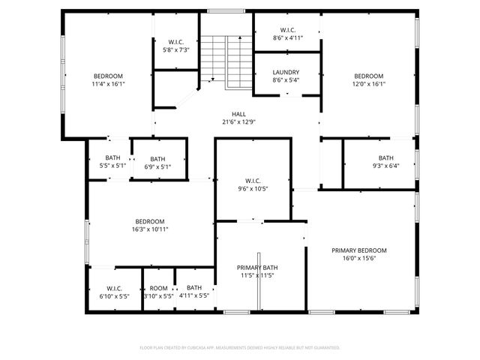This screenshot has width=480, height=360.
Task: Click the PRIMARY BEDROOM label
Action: click(359, 250)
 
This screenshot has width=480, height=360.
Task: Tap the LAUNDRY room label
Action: click(287, 72)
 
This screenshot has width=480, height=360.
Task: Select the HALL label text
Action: click(238, 114)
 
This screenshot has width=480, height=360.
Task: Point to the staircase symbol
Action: click(226, 60)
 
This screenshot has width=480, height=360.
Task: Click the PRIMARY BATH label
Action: click(257, 268)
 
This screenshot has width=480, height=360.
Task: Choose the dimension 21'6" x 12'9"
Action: click(238, 122)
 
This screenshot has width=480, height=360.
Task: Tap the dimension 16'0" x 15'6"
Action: click(359, 258)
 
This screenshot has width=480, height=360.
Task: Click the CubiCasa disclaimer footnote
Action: click(240, 348)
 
